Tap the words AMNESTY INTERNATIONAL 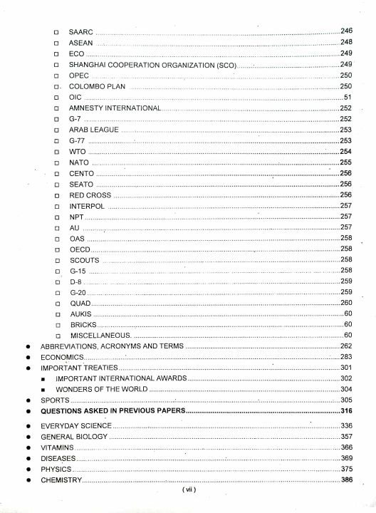[115, 108]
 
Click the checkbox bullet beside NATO [56, 162]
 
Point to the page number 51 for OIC [348, 96]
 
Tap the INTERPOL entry [86, 205]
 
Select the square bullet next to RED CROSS [56, 195]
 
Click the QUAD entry [80, 303]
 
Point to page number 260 [347, 303]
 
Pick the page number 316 [347, 411]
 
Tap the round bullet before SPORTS [26, 400]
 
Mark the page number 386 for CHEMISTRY [347, 480]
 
